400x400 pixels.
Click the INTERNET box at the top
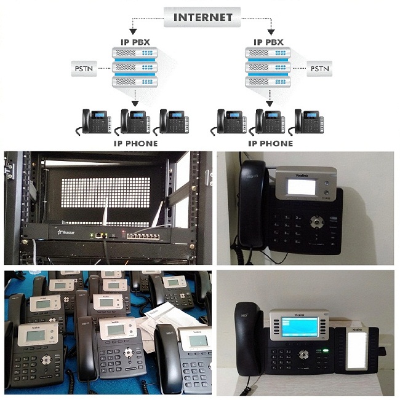click(202, 17)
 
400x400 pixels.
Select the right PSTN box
click(318, 66)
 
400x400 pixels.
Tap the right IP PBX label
click(269, 42)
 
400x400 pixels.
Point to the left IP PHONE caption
click(135, 143)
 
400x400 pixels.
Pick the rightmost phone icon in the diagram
click(307, 121)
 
